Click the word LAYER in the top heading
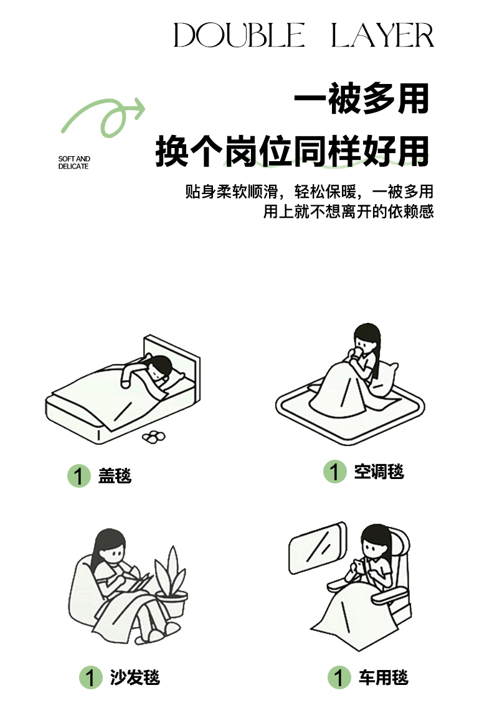(382, 35)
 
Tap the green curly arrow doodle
(103, 117)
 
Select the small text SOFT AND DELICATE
(74, 162)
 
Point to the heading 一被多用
(361, 99)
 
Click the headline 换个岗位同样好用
(291, 151)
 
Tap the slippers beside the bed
(153, 436)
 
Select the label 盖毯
(115, 475)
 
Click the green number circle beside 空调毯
(335, 472)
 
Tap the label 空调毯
(379, 472)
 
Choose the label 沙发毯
(135, 677)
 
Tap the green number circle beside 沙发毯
(90, 677)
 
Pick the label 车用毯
(383, 677)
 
